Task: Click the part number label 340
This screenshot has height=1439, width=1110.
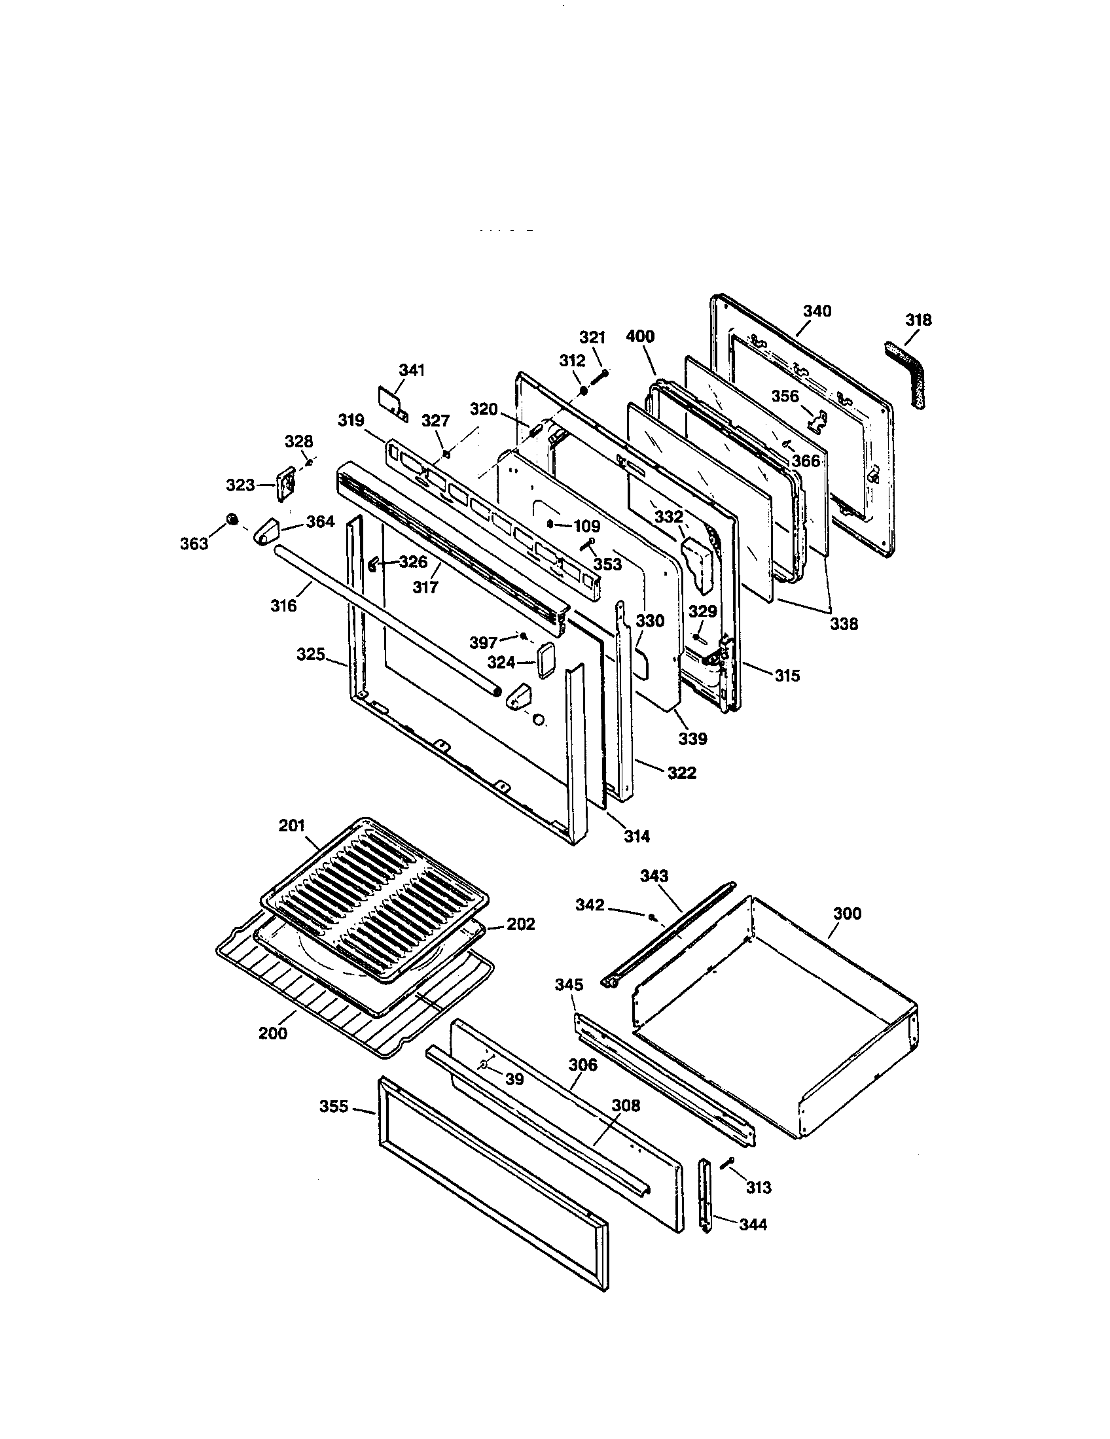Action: point(817,311)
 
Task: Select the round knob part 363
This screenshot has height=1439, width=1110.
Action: point(232,519)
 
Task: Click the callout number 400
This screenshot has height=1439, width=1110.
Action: point(640,337)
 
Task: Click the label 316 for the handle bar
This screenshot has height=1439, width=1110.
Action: point(283,605)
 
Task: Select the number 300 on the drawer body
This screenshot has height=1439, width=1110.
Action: point(847,913)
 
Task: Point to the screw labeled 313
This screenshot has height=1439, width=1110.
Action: point(729,1162)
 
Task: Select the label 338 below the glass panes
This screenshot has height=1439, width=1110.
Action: point(844,623)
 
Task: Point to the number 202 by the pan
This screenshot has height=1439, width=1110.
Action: point(521,924)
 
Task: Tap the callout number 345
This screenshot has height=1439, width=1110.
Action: point(569,1003)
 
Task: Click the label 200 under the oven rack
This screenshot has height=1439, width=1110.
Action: point(272,1032)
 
